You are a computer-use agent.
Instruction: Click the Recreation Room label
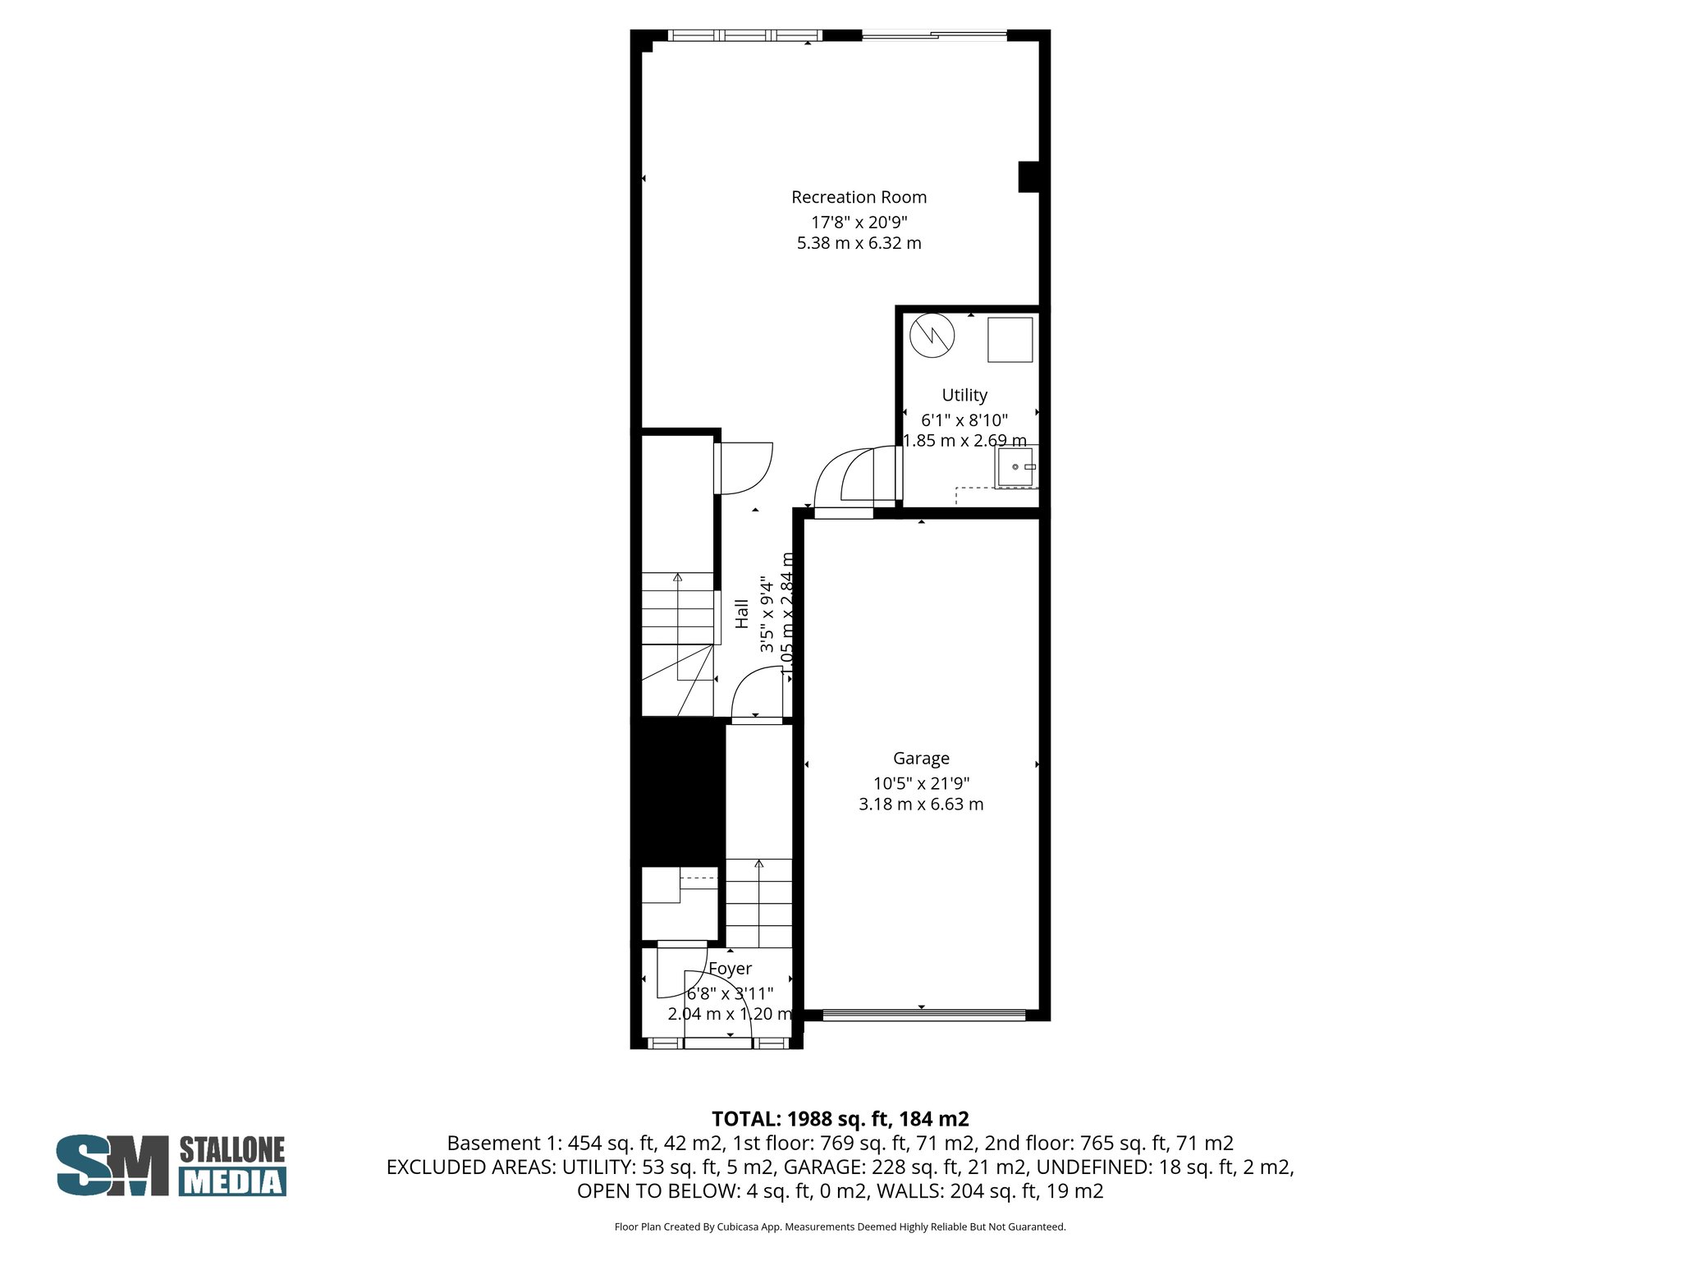[x=859, y=197]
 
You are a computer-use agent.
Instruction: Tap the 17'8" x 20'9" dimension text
[x=859, y=222]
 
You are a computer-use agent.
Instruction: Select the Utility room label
[x=964, y=395]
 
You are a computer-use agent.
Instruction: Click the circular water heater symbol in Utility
[x=932, y=335]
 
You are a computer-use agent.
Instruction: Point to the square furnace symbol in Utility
[x=1010, y=339]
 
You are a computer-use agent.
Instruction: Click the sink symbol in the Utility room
[x=1015, y=466]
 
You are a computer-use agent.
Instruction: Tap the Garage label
[x=921, y=759]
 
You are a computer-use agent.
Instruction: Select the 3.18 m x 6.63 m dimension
[x=921, y=805]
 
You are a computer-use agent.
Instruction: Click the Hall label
[x=742, y=614]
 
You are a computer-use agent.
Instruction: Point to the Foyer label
[x=730, y=969]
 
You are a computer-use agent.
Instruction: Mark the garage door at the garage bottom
[x=923, y=1016]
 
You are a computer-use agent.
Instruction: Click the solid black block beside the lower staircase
[x=678, y=791]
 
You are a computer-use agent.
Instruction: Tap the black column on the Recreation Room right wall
[x=1028, y=177]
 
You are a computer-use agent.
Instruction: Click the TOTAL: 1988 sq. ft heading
[x=840, y=1119]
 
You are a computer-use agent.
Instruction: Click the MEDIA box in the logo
[x=232, y=1181]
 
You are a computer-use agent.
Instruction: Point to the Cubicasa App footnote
[x=840, y=1227]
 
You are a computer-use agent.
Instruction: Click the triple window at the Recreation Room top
[x=744, y=35]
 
